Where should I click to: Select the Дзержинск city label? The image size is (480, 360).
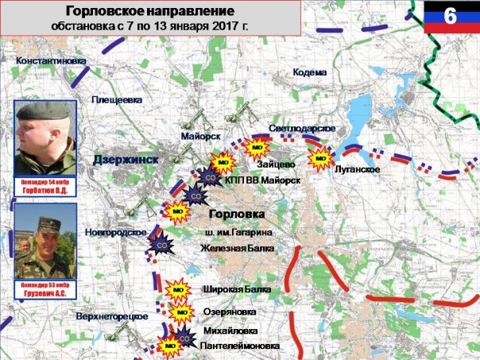click(126, 160)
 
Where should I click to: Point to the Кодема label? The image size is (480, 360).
click(310, 72)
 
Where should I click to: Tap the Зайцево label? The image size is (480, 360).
click(277, 165)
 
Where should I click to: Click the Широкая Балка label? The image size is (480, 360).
click(237, 290)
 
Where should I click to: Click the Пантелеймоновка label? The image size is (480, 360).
click(241, 346)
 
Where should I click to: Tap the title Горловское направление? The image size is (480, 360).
click(149, 13)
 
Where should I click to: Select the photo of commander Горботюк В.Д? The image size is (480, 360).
click(45, 137)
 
